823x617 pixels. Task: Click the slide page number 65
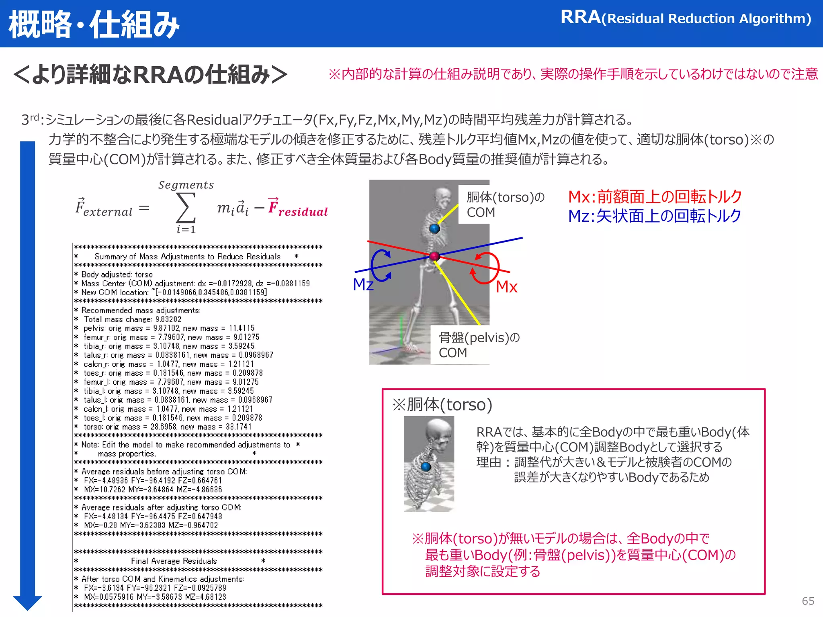(x=808, y=601)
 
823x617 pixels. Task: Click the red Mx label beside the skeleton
(x=506, y=287)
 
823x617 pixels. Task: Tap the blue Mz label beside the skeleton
(x=363, y=284)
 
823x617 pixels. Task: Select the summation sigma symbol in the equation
(x=186, y=208)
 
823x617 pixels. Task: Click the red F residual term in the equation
(x=298, y=208)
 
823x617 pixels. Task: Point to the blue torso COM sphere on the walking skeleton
(x=434, y=229)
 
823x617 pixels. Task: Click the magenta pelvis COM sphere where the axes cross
(x=434, y=256)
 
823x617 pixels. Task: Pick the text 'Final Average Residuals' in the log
(x=174, y=561)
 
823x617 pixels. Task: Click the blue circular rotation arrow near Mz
(x=380, y=265)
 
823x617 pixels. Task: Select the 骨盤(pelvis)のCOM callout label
(x=478, y=345)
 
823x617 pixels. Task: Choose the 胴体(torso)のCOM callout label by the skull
(x=505, y=204)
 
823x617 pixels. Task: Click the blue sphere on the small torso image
(x=426, y=466)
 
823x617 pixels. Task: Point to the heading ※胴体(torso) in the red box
(x=442, y=405)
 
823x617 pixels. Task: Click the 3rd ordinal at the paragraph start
(x=30, y=120)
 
